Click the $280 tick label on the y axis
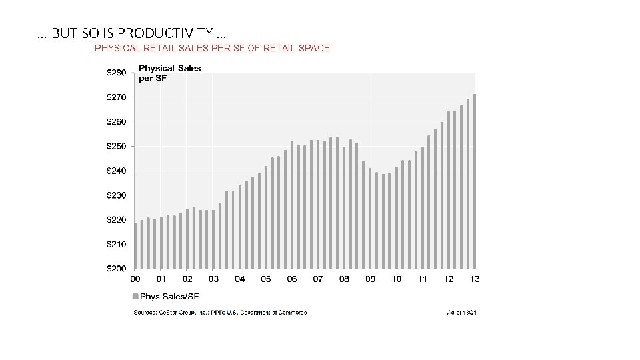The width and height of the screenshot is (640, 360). (116, 72)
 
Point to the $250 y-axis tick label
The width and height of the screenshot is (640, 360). (116, 146)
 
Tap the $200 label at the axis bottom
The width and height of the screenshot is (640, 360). (116, 269)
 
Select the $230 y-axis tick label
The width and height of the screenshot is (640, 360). (116, 195)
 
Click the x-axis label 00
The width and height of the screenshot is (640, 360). (135, 279)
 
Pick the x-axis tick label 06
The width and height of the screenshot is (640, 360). (292, 279)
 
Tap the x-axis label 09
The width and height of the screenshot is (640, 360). (370, 279)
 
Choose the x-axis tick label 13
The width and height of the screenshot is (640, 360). (475, 279)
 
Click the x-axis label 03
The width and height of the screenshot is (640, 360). (213, 279)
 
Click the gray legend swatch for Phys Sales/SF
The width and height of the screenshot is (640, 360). (135, 297)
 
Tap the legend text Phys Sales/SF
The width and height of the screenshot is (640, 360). (169, 297)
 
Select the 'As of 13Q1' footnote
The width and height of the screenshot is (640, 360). (461, 313)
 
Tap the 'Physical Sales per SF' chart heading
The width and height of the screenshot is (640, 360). (169, 73)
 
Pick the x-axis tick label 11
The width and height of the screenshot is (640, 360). (423, 279)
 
